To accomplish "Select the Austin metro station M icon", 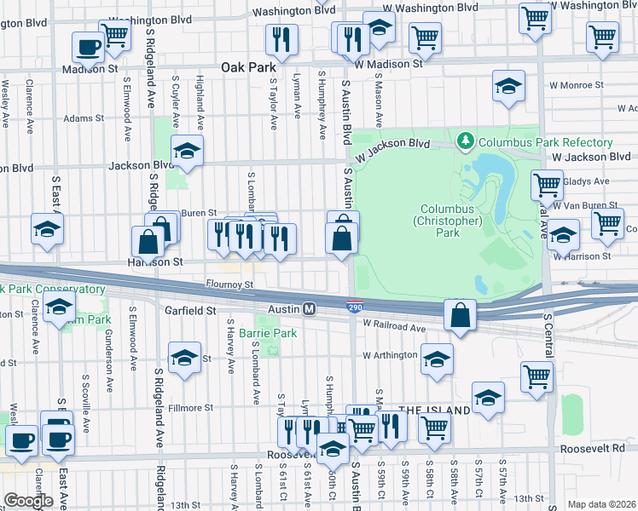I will tap(310, 308).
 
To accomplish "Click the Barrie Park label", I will tap(267, 333).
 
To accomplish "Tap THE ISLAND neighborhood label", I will tap(434, 411).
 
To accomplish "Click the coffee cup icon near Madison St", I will tap(86, 46).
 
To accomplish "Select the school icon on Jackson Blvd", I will tap(187, 152).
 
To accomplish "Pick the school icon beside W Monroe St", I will tap(508, 86).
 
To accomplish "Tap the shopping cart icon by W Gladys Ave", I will tap(546, 184).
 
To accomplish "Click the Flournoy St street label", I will tap(230, 284).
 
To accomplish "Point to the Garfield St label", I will tap(190, 312).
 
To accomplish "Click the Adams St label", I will tap(83, 118).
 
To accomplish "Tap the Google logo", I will tap(29, 500).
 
